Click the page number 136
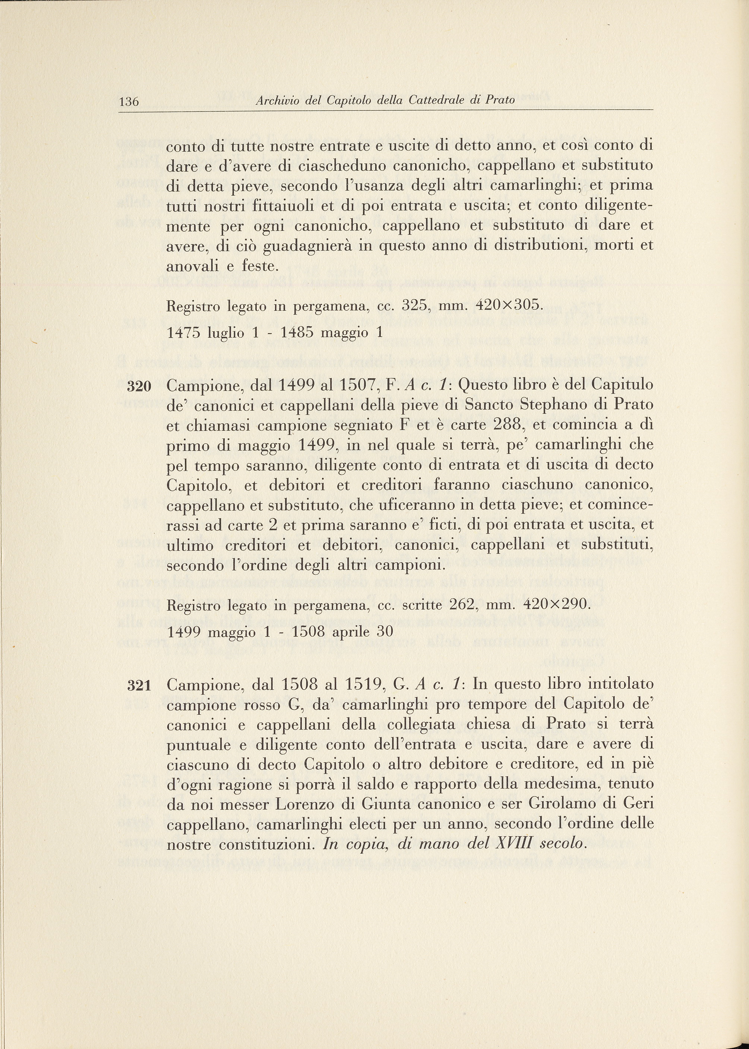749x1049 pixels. tap(129, 101)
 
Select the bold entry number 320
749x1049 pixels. tap(139, 386)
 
